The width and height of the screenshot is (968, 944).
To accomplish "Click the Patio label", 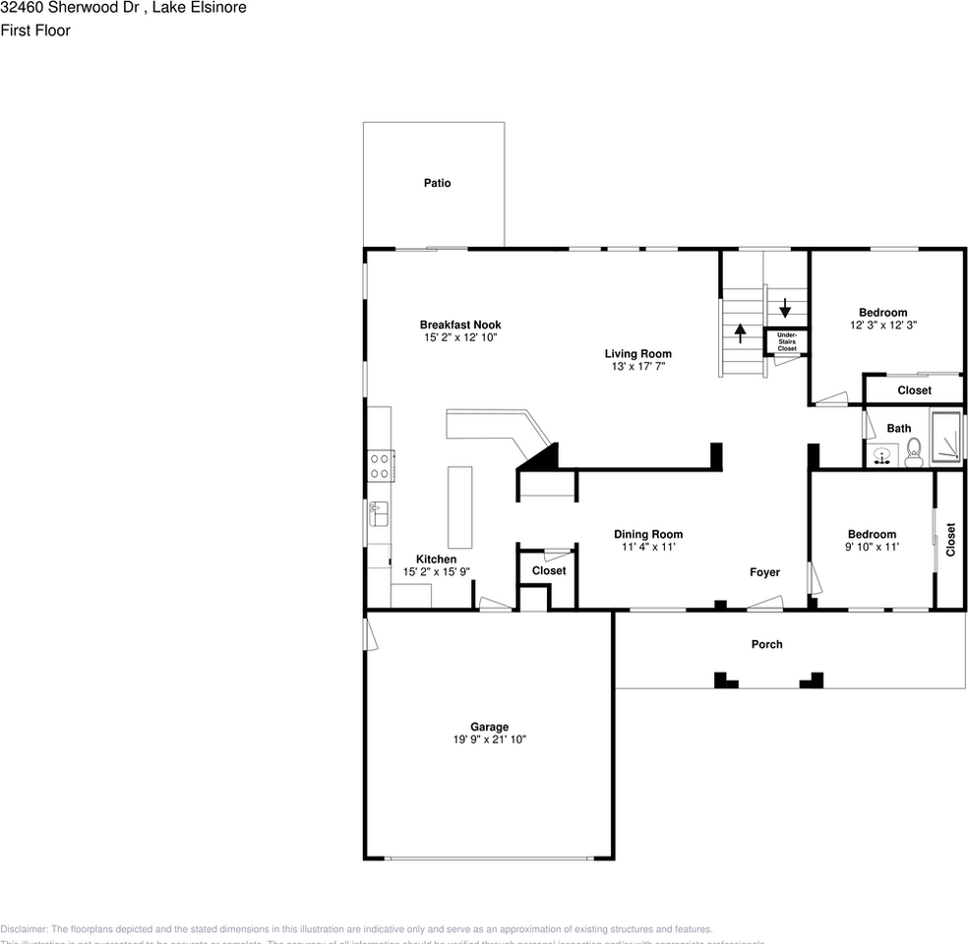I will click(437, 183).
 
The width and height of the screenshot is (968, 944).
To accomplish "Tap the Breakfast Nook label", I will click(460, 324).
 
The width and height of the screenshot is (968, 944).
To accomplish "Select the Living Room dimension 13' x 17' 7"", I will click(637, 367).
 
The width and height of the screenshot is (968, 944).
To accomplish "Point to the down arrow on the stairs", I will click(786, 307).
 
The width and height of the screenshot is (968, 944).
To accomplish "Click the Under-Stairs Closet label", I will click(787, 342).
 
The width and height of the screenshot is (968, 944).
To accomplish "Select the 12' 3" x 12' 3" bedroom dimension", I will click(883, 325).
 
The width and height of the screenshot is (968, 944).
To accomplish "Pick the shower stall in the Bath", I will click(946, 438).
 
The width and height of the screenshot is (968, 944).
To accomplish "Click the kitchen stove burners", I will click(380, 465).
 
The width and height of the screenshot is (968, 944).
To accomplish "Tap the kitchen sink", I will click(379, 513).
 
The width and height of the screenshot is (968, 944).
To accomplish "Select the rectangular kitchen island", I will click(459, 507).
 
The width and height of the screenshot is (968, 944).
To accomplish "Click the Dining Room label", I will click(648, 535).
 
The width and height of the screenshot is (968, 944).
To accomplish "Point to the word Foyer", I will click(764, 572).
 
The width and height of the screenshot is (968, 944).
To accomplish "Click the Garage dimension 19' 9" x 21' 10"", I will click(489, 739).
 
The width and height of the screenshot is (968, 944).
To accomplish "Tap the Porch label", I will click(766, 644).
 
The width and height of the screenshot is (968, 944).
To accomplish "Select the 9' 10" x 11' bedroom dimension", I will click(872, 547).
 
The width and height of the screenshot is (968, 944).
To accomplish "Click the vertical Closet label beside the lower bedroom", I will click(950, 540).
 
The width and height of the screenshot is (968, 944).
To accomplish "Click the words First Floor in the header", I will click(35, 30).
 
